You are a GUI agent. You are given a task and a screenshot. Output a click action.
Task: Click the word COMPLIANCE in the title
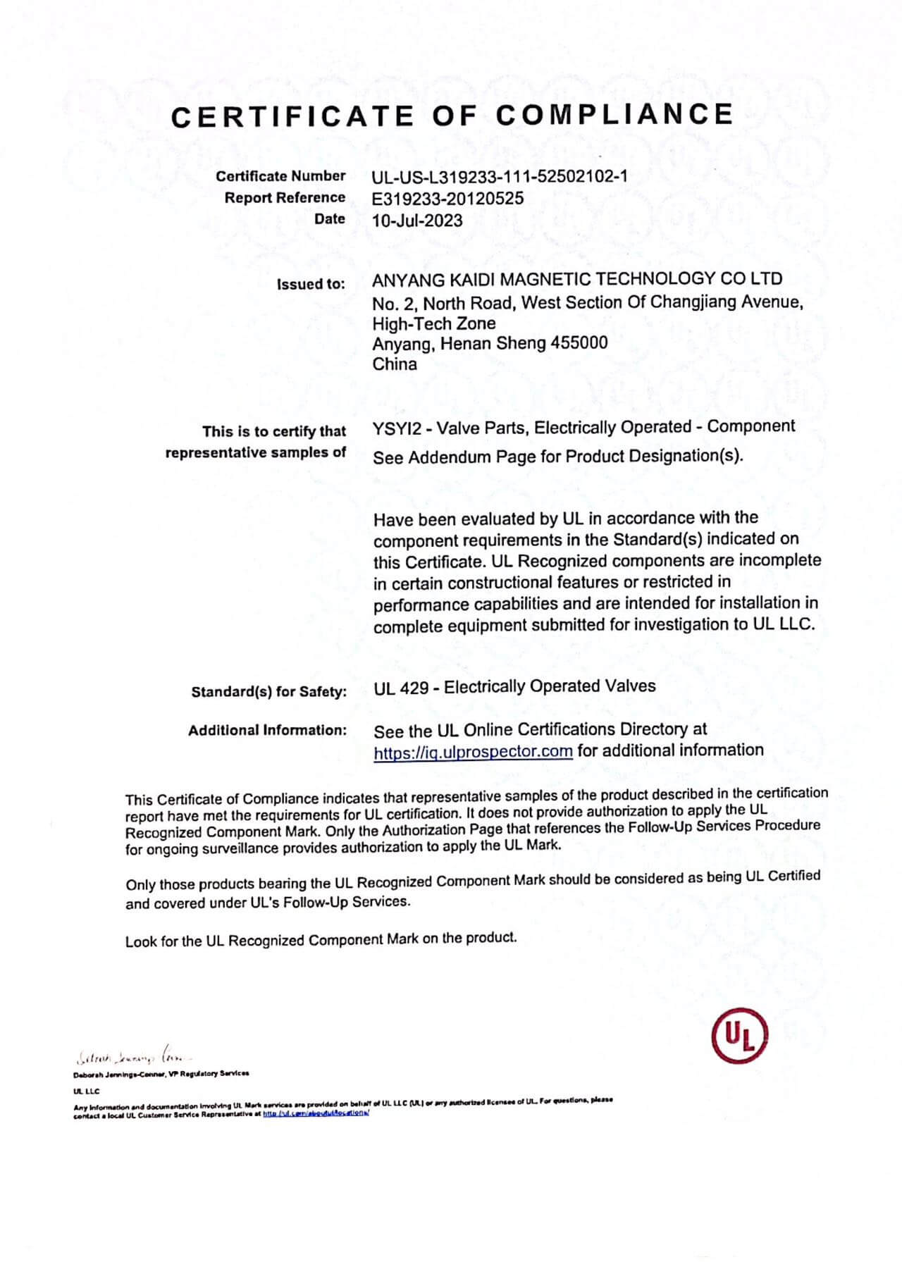click(614, 115)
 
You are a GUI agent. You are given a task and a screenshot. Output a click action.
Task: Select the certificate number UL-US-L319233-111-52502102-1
click(500, 176)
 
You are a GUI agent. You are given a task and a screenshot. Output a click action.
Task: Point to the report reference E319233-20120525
click(447, 199)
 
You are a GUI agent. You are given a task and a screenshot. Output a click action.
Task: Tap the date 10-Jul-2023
click(417, 221)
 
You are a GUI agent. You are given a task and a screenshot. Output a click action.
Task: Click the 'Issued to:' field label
click(311, 285)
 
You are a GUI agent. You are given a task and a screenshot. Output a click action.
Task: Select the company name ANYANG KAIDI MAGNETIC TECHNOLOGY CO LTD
click(576, 279)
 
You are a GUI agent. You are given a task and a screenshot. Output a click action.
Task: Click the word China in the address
click(395, 364)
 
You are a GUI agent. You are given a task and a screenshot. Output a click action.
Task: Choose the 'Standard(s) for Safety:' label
click(268, 692)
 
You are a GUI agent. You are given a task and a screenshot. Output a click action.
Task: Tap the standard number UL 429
click(401, 687)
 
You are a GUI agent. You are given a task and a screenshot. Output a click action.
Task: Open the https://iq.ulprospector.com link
click(473, 752)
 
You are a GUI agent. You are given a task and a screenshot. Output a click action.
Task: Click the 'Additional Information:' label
click(267, 731)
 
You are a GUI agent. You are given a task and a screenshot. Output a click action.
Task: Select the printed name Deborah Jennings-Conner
click(119, 1075)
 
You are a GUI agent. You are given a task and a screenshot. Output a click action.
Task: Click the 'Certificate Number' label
click(280, 176)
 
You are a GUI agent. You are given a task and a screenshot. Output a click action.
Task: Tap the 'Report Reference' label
click(285, 198)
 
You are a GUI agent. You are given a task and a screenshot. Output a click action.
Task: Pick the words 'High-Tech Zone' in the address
click(433, 323)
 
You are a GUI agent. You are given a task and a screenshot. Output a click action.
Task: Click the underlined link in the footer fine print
click(316, 1113)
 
